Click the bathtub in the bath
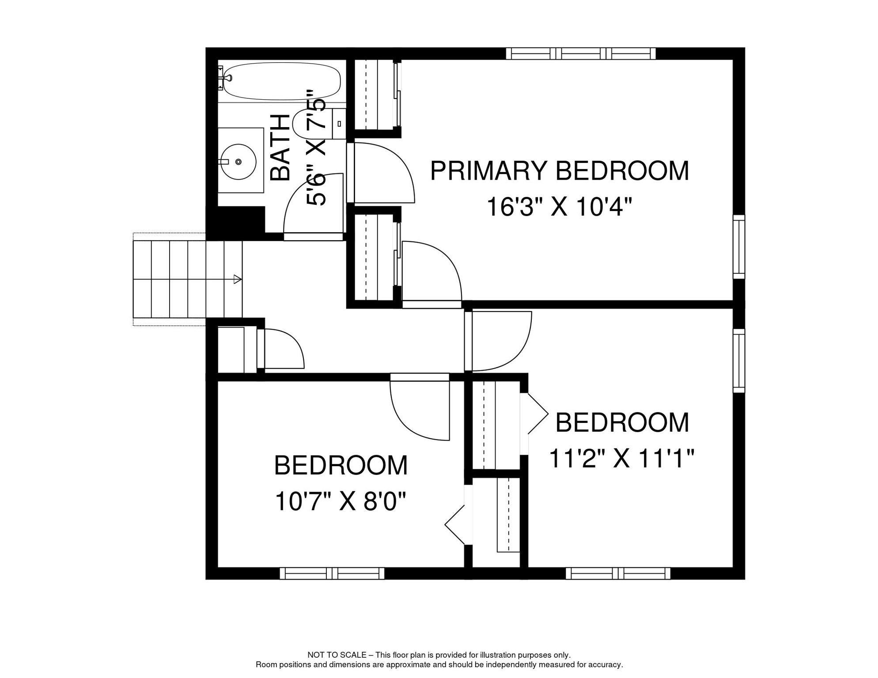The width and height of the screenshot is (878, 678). (281, 82)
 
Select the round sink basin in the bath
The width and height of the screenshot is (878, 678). (238, 162)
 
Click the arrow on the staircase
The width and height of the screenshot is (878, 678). (238, 279)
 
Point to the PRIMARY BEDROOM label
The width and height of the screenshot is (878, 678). (560, 171)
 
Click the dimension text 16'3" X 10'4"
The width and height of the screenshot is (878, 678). (560, 207)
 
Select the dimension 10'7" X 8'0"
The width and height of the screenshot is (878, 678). (341, 501)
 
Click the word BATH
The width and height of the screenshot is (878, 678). (280, 147)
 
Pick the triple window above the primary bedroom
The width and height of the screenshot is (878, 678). (581, 54)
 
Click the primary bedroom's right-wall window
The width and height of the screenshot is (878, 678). (739, 247)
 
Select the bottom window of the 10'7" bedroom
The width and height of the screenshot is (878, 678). (332, 573)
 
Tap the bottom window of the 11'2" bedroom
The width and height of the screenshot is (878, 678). (618, 573)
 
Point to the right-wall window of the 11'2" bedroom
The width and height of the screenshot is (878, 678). (739, 361)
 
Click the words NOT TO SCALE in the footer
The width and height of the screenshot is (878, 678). (337, 655)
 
